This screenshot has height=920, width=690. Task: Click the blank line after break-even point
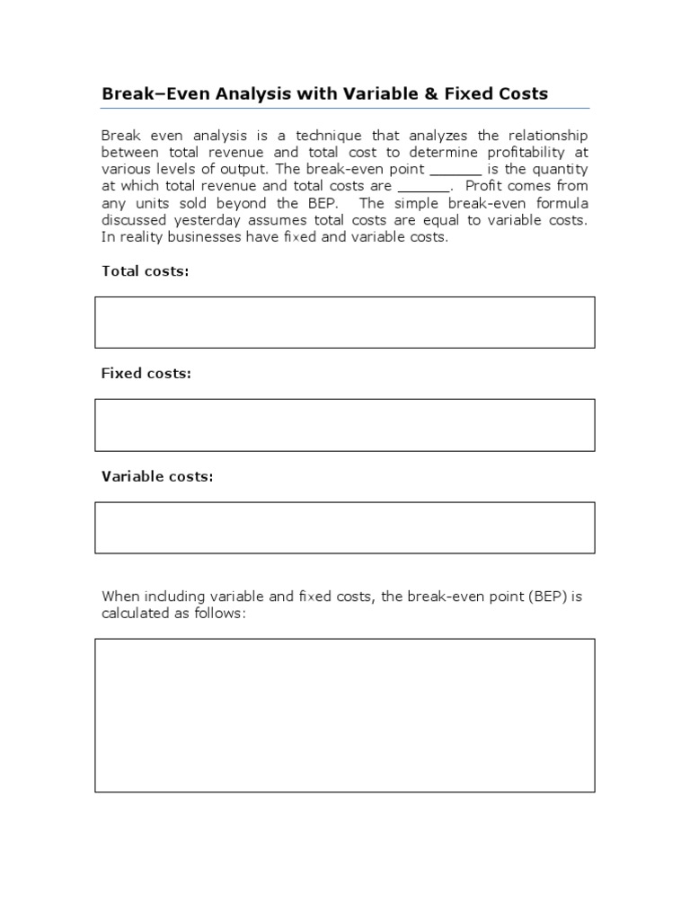[456, 170]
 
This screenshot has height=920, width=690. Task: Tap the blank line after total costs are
[422, 187]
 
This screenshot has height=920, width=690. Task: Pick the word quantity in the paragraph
[562, 170]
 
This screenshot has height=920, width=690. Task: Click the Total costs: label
[145, 270]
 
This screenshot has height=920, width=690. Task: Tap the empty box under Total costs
[345, 323]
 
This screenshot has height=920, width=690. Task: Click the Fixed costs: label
[146, 374]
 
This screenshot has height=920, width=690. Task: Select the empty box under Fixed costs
[345, 425]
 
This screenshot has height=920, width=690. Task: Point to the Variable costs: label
[157, 476]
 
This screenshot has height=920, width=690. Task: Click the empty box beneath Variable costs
[345, 527]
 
